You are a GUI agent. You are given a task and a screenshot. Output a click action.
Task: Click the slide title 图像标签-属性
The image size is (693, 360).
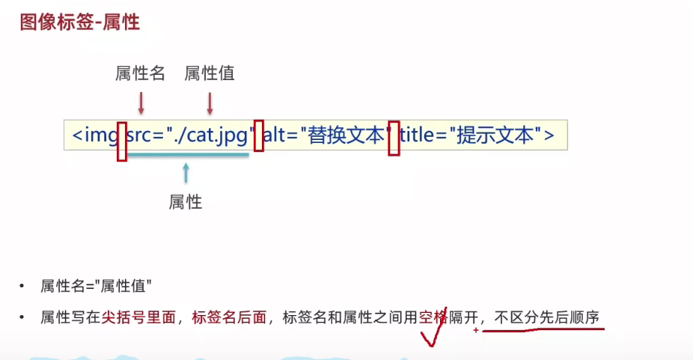click(x=80, y=22)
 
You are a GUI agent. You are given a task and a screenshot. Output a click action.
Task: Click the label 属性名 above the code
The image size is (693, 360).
click(x=140, y=73)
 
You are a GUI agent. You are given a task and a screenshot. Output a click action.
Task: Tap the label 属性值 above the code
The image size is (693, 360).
click(x=210, y=73)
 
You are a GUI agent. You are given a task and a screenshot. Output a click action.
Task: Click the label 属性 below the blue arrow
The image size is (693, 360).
click(x=186, y=202)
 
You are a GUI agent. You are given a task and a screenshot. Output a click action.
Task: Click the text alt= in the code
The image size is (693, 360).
click(x=281, y=135)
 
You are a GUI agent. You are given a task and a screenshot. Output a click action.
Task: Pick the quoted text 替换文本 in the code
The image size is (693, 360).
click(x=346, y=135)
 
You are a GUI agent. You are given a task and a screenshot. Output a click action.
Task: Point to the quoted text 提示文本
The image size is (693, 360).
click(x=495, y=135)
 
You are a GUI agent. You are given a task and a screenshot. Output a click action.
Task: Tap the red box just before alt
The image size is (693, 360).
click(x=259, y=135)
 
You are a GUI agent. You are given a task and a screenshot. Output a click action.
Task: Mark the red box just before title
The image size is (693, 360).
click(x=394, y=138)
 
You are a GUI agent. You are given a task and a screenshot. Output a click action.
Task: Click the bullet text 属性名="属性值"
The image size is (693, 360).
click(x=97, y=287)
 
